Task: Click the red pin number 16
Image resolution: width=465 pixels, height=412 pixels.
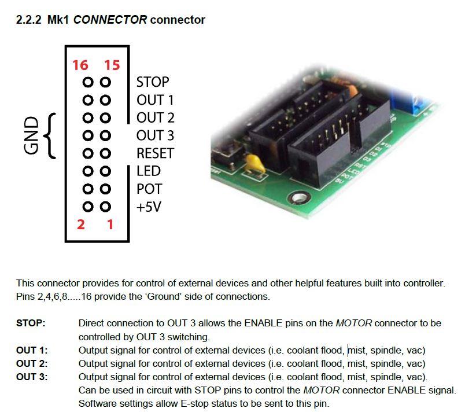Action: pyautogui.click(x=80, y=65)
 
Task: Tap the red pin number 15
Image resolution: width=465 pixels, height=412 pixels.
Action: pyautogui.click(x=112, y=65)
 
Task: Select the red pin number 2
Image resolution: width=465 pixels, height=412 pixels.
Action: pyautogui.click(x=80, y=224)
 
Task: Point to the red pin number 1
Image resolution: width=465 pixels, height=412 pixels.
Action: pyautogui.click(x=110, y=224)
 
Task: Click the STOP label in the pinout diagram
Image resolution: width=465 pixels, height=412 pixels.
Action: pyautogui.click(x=153, y=82)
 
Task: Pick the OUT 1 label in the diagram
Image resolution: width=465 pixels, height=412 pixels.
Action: pyautogui.click(x=155, y=100)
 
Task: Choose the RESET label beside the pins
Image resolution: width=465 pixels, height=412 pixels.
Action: pyautogui.click(x=155, y=153)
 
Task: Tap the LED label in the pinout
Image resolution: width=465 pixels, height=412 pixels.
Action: pyautogui.click(x=149, y=171)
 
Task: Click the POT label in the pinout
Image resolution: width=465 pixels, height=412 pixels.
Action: pyautogui.click(x=149, y=189)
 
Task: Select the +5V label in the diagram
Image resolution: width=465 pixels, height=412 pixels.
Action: pyautogui.click(x=149, y=207)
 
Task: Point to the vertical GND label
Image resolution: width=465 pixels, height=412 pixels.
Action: pyautogui.click(x=31, y=135)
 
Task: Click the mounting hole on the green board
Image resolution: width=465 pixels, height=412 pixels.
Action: pyautogui.click(x=299, y=200)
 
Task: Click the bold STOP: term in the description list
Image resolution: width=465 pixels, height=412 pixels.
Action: pyautogui.click(x=30, y=322)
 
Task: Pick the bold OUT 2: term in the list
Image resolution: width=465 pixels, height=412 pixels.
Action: pyautogui.click(x=32, y=364)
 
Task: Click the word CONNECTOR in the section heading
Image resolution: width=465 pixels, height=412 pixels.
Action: pyautogui.click(x=109, y=20)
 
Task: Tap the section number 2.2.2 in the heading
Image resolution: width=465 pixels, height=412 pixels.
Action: pyautogui.click(x=30, y=20)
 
